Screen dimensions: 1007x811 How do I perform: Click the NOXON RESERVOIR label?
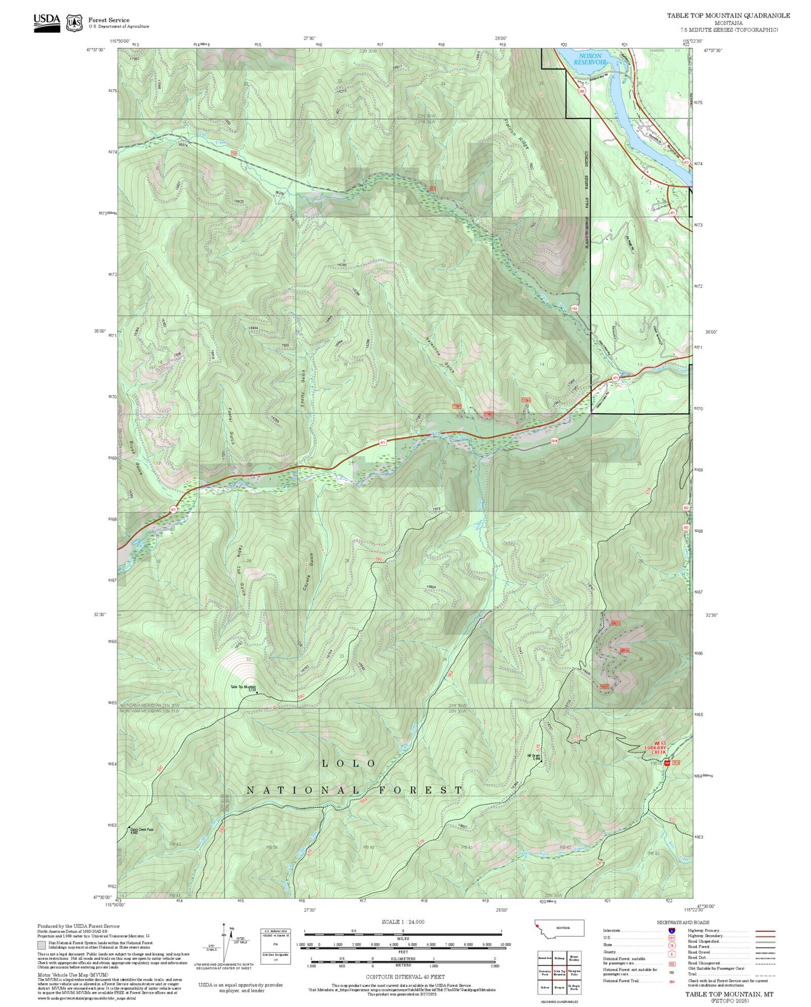(590, 59)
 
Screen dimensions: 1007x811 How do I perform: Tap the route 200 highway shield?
(581, 91)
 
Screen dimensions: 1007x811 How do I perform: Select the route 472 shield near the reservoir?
(686, 162)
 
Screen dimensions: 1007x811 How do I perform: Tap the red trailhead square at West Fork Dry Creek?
(667, 763)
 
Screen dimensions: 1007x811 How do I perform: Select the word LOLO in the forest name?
(349, 763)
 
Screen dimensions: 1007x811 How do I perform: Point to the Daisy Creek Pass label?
(141, 831)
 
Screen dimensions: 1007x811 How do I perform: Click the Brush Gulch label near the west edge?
(135, 459)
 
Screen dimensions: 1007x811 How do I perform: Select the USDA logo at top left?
(47, 21)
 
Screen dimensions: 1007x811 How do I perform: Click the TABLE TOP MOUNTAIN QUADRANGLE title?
(728, 16)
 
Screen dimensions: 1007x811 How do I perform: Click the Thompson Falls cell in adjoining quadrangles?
(574, 974)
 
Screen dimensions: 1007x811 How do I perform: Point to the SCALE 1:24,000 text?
(403, 922)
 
